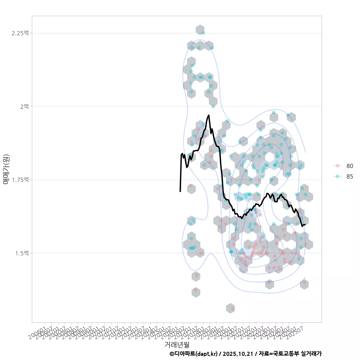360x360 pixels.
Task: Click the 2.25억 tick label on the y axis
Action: point(20,33)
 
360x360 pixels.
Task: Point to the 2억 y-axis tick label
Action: point(24,106)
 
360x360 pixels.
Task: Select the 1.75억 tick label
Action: point(20,180)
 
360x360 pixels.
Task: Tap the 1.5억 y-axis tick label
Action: point(21,253)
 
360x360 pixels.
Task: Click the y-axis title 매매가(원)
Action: point(6,169)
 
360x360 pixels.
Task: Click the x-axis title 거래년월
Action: point(177,344)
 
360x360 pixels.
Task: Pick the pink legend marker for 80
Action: point(337,166)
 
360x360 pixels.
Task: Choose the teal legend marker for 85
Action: point(337,176)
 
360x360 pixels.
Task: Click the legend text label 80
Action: point(350,166)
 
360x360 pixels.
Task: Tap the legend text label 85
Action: point(350,176)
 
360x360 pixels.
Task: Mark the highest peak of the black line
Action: point(208,115)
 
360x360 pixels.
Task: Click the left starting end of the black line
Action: point(180,191)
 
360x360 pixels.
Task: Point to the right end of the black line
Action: point(305,225)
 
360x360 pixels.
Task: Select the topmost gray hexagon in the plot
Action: point(200,30)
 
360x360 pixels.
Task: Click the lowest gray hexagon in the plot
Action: point(230,308)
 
